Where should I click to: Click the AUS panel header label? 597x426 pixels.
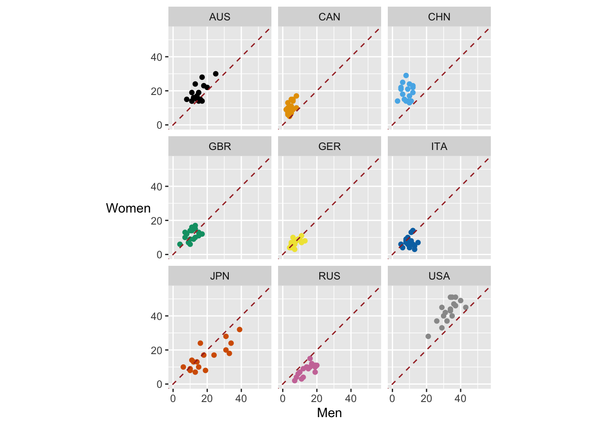pyautogui.click(x=219, y=17)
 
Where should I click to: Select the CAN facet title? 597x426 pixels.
pyautogui.click(x=329, y=17)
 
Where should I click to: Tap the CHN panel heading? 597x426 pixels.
pyautogui.click(x=439, y=17)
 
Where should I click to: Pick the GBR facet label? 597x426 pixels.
pyautogui.click(x=219, y=146)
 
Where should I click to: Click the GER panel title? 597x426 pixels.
pyautogui.click(x=329, y=146)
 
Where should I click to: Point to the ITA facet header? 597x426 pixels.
pyautogui.click(x=439, y=146)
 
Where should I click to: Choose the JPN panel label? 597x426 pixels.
pyautogui.click(x=219, y=276)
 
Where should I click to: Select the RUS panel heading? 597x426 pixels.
pyautogui.click(x=329, y=276)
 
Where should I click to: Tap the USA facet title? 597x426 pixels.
pyautogui.click(x=439, y=276)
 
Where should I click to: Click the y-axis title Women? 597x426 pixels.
pyautogui.click(x=128, y=208)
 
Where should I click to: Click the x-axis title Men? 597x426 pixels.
pyautogui.click(x=329, y=413)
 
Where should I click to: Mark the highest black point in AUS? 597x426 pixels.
pyautogui.click(x=215, y=74)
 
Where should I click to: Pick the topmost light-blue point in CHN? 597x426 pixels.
pyautogui.click(x=406, y=75)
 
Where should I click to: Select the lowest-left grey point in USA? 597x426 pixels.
pyautogui.click(x=428, y=336)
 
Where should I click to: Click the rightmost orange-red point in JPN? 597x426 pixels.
pyautogui.click(x=239, y=330)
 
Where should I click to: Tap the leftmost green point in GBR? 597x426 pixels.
pyautogui.click(x=180, y=245)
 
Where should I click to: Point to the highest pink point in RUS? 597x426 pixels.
pyautogui.click(x=310, y=359)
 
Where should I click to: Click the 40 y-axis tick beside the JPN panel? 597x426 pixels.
pyautogui.click(x=156, y=316)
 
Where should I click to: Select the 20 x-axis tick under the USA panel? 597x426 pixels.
pyautogui.click(x=426, y=398)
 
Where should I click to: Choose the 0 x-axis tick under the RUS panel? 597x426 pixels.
pyautogui.click(x=283, y=398)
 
